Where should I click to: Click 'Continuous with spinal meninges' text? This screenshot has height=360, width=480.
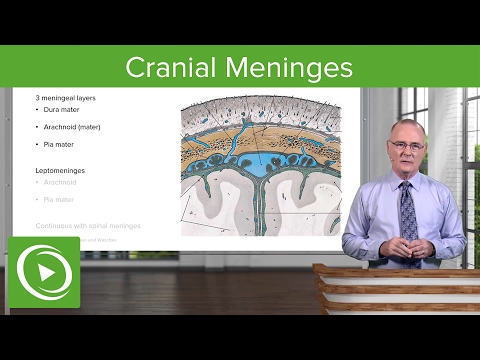(x=88, y=226)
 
